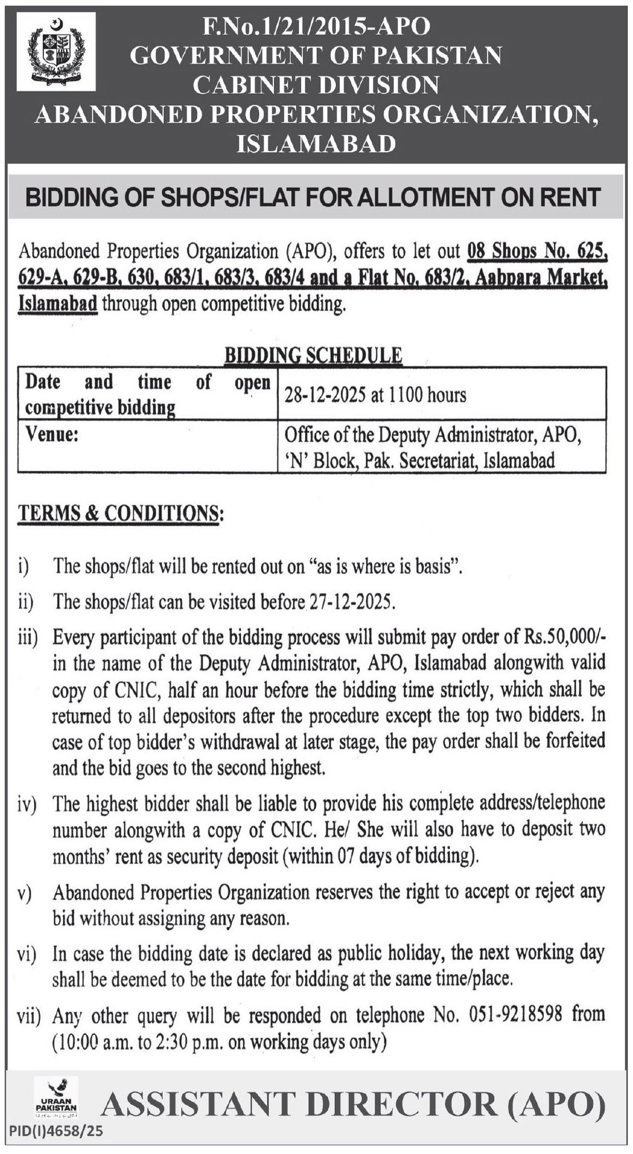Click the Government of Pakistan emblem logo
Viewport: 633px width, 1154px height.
[x=56, y=52]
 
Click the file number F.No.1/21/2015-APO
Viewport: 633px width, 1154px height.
[x=316, y=27]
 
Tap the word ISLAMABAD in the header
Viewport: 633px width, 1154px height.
[x=316, y=143]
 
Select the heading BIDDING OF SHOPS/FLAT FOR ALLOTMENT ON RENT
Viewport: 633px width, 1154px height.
[x=313, y=197]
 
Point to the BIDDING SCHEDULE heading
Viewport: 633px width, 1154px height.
[x=313, y=355]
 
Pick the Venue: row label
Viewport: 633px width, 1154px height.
[x=52, y=434]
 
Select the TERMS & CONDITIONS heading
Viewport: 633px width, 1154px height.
[x=120, y=513]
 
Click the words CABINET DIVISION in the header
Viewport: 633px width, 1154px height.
[x=316, y=85]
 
